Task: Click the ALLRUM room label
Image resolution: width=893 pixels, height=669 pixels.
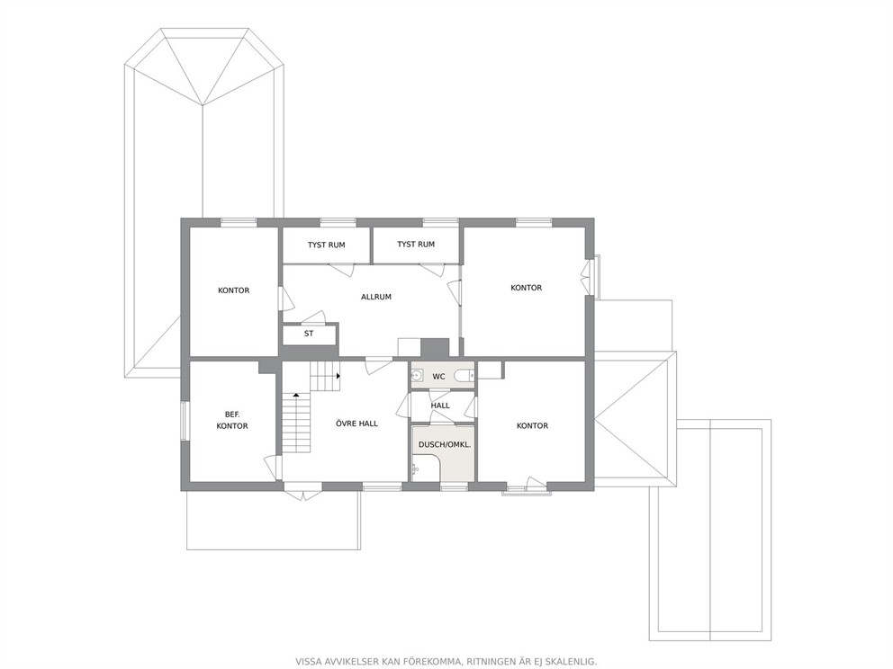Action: pyautogui.click(x=376, y=297)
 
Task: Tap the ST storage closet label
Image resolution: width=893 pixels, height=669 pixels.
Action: pyautogui.click(x=309, y=334)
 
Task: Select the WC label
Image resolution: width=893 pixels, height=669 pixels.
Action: pyautogui.click(x=438, y=377)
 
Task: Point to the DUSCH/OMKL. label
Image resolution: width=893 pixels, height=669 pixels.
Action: pyautogui.click(x=445, y=444)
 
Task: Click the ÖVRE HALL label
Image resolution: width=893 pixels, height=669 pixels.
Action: pyautogui.click(x=356, y=424)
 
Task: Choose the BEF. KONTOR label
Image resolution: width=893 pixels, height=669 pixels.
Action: pyautogui.click(x=232, y=421)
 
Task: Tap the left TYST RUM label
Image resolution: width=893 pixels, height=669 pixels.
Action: pyautogui.click(x=327, y=245)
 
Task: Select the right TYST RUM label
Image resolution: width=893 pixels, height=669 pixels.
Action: pyautogui.click(x=416, y=244)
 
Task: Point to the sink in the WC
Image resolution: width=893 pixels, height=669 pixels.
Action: pyautogui.click(x=416, y=376)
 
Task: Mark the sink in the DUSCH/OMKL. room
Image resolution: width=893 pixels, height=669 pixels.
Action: pyautogui.click(x=415, y=469)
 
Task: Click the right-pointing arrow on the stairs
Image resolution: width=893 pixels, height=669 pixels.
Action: pyautogui.click(x=338, y=376)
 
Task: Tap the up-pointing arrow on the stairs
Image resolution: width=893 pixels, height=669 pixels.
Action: pyautogui.click(x=296, y=394)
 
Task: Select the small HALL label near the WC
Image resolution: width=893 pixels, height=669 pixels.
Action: pyautogui.click(x=440, y=406)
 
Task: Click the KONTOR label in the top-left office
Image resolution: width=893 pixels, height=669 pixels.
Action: pyautogui.click(x=233, y=290)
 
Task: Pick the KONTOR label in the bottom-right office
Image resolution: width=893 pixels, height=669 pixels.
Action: pyautogui.click(x=532, y=425)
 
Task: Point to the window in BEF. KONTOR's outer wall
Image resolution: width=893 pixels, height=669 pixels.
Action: pyautogui.click(x=185, y=421)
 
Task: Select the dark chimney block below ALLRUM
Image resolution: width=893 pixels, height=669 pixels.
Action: pyautogui.click(x=435, y=348)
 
